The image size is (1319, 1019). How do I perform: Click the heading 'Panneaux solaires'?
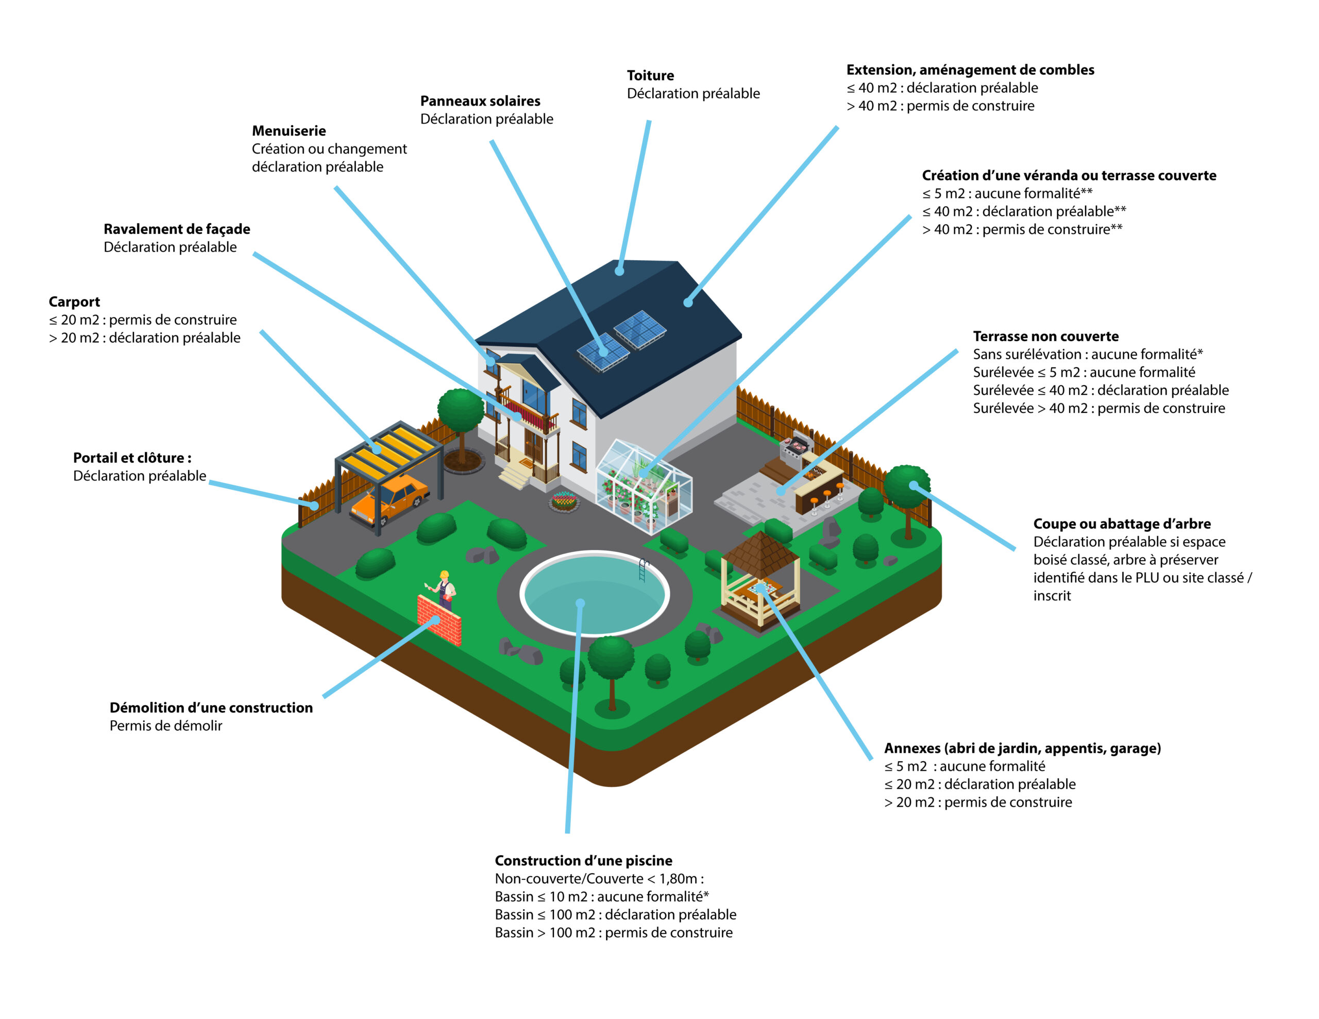pos(480,101)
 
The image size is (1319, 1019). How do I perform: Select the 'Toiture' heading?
pos(650,75)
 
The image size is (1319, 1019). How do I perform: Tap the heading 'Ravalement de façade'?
pos(177,229)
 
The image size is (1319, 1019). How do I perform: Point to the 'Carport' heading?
pos(74,302)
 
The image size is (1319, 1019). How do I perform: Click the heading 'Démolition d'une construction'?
pos(211,707)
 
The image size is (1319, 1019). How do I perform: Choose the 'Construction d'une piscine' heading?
pos(583,860)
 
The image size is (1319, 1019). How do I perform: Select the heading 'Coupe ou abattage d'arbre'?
pos(1122,524)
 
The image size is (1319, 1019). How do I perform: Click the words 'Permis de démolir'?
pos(166,725)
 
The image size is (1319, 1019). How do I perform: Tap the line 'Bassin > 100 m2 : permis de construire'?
pos(614,932)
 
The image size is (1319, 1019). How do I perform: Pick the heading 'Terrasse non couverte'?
pos(1045,337)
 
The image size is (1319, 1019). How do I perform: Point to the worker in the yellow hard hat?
pos(444,590)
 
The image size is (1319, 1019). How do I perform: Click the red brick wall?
pos(439,620)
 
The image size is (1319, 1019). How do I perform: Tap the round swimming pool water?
pos(595,594)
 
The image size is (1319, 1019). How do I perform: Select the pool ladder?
pos(643,569)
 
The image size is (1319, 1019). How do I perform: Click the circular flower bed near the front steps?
pos(564,501)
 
